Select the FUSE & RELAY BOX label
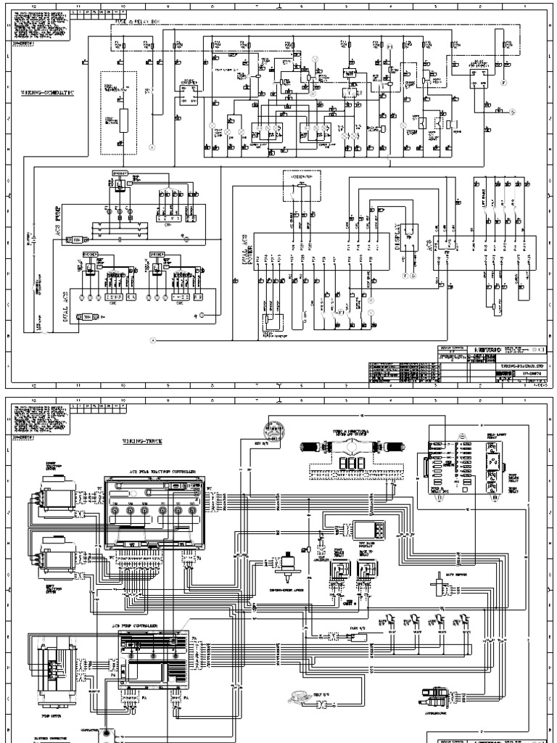click(x=134, y=22)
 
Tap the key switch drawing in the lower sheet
click(x=276, y=430)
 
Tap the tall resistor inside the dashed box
click(x=124, y=120)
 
